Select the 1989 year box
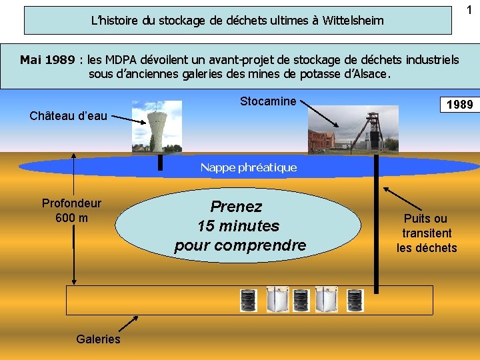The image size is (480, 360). coord(459,105)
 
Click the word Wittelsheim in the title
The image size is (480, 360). coord(353,21)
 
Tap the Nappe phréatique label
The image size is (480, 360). coord(248,167)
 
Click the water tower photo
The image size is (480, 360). coord(156,126)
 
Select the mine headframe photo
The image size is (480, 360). coord(353,131)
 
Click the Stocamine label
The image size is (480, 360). coord(268,101)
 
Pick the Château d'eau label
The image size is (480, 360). coord(68,116)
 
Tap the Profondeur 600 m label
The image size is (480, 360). coord(71,211)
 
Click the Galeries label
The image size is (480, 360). coord(98,339)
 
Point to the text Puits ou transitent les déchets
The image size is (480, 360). coord(427,233)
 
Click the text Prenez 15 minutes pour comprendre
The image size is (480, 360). coord(240,226)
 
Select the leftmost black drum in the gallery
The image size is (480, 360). coord(249,301)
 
